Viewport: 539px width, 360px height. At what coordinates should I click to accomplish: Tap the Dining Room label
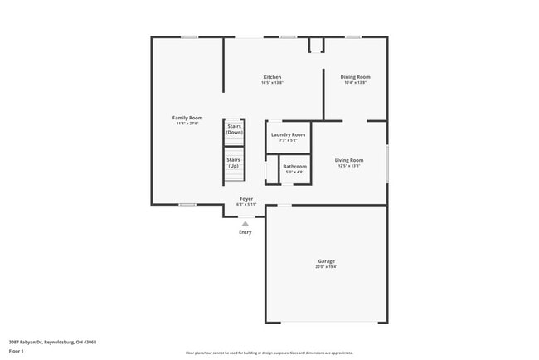tap(355, 77)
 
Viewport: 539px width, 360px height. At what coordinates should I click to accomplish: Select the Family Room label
tap(187, 118)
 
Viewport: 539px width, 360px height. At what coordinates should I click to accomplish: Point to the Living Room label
tap(349, 159)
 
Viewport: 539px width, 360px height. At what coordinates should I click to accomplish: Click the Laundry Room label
tap(288, 134)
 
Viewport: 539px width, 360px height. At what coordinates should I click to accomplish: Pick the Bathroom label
tap(294, 167)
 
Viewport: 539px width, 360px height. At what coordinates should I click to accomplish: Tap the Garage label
tap(326, 261)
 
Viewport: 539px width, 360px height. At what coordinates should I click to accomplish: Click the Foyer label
tap(246, 199)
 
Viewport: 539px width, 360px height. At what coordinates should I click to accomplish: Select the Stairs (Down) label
tap(235, 129)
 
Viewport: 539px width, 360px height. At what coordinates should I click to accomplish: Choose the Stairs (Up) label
tap(234, 162)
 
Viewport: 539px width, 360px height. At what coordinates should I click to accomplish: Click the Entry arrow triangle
tap(245, 223)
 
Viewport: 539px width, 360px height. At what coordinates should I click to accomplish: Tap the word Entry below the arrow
tap(245, 232)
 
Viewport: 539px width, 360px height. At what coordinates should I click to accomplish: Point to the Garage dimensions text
tap(326, 267)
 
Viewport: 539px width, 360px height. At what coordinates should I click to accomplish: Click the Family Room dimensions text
tap(187, 124)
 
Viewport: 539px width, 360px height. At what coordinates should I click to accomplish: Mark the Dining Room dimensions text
tap(355, 83)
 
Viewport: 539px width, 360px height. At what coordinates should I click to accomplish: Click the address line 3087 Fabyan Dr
tap(52, 342)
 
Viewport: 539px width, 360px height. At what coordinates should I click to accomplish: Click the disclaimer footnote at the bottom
tap(269, 353)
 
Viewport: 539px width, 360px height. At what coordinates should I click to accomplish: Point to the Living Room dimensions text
tap(349, 166)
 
